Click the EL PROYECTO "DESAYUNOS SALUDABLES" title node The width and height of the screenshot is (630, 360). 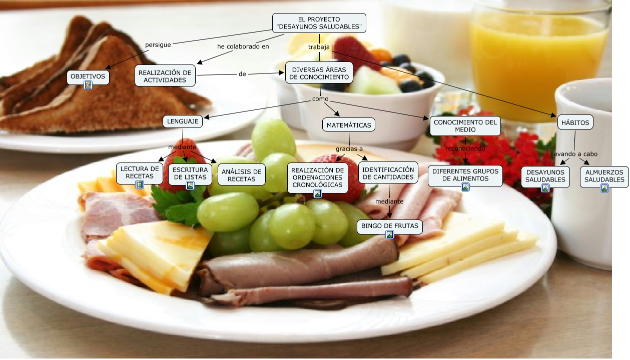pyautogui.click(x=319, y=23)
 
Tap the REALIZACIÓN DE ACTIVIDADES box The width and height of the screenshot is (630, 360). pyautogui.click(x=165, y=76)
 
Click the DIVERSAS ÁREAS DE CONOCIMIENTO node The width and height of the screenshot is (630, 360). pyautogui.click(x=319, y=73)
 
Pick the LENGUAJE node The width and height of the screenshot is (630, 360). pyautogui.click(x=182, y=121)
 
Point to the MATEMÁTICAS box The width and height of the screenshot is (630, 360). pyautogui.click(x=349, y=125)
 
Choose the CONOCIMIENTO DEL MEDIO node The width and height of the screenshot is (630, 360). pyautogui.click(x=465, y=125)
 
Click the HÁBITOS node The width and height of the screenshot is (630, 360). pyautogui.click(x=575, y=122)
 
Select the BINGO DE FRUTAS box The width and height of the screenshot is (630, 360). pyautogui.click(x=390, y=226)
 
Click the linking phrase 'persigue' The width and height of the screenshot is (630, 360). pyautogui.click(x=158, y=44)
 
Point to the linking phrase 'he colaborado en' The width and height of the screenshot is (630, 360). pyautogui.click(x=243, y=46)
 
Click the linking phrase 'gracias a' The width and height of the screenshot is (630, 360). pyautogui.click(x=349, y=149)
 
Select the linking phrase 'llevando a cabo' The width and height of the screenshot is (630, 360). pyautogui.click(x=574, y=154)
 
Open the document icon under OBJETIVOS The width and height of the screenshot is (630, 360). pyautogui.click(x=89, y=85)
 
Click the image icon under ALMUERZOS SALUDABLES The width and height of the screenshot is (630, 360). pyautogui.click(x=604, y=188)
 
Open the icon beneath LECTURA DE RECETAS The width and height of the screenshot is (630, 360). pyautogui.click(x=140, y=184)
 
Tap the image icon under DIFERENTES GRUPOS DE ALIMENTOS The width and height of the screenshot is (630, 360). pyautogui.click(x=465, y=187)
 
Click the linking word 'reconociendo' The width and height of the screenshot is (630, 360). pyautogui.click(x=465, y=148)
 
